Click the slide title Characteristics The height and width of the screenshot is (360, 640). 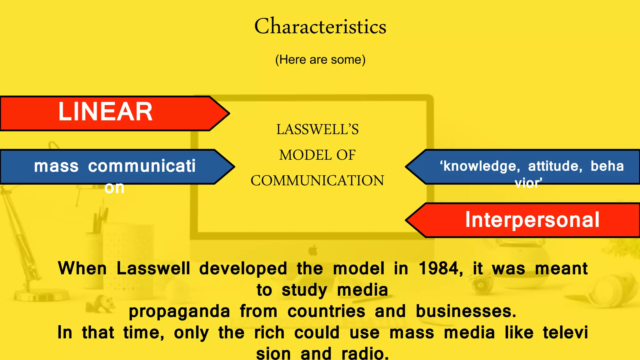320,26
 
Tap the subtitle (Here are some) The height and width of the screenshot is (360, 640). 320,59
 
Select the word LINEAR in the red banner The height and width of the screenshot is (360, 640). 105,112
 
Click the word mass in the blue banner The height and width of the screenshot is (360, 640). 56,166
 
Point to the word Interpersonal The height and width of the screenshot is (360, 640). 532,220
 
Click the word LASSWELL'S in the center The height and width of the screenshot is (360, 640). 317,129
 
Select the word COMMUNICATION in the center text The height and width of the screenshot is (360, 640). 317,181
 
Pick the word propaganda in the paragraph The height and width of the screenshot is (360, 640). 179,311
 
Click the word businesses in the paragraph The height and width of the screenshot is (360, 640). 466,311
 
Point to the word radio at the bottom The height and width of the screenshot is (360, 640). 365,353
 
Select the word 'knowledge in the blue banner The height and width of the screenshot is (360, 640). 480,166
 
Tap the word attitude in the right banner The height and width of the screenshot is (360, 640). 555,166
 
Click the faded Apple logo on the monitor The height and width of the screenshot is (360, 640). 313,250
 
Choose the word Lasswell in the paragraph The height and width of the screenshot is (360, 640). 153,268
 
